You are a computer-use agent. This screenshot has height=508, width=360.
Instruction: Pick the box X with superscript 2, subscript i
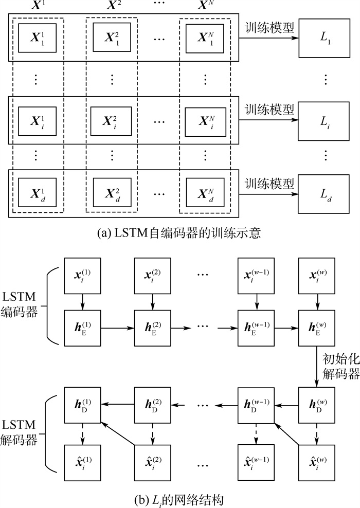click(x=112, y=122)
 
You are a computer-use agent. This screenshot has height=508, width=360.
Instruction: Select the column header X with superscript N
click(x=205, y=7)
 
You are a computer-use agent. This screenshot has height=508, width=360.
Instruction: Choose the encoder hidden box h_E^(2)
click(x=153, y=327)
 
